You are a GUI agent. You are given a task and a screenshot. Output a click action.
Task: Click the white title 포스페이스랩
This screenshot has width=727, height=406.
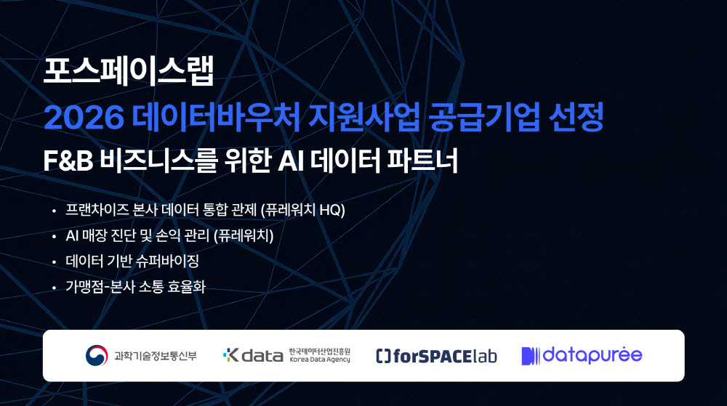click(129, 71)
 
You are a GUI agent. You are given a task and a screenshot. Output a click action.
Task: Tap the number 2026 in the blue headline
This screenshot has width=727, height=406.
click(84, 118)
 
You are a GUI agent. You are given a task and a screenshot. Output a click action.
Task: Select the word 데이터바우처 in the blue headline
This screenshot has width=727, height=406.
click(216, 116)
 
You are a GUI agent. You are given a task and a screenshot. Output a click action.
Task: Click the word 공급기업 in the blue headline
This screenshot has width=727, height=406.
click(483, 116)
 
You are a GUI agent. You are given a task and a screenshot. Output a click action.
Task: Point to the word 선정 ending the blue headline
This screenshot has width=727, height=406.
click(576, 116)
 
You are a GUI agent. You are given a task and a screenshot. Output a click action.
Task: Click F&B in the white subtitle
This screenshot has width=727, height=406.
click(68, 161)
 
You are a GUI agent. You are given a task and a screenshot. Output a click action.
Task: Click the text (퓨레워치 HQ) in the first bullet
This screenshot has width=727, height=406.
click(302, 210)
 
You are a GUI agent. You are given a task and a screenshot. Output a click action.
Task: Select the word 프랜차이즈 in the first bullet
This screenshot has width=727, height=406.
click(97, 210)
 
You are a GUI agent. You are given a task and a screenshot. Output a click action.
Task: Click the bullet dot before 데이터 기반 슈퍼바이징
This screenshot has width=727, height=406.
click(55, 262)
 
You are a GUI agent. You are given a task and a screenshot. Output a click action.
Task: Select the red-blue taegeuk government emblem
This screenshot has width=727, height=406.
click(97, 356)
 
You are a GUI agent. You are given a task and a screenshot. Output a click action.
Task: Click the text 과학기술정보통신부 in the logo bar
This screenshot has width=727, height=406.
click(156, 356)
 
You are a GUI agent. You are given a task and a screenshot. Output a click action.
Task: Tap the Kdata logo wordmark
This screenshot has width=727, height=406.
click(253, 355)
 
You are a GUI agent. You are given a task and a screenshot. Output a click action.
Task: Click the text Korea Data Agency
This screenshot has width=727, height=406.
click(320, 360)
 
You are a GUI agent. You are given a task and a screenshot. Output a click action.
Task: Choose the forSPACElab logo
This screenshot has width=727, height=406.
click(436, 356)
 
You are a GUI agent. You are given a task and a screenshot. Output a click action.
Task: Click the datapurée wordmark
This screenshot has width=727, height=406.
click(582, 356)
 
